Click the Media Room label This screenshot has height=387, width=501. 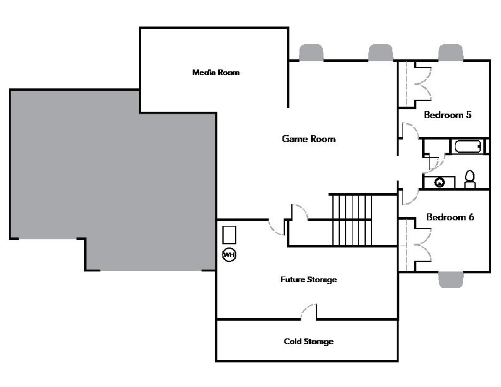pos(216,73)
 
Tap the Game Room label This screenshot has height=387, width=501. pos(308,139)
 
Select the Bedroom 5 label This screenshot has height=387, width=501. pos(447,116)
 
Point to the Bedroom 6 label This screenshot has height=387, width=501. pos(450,217)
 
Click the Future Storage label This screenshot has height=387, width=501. pos(308,280)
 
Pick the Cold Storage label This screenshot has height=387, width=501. pos(308,342)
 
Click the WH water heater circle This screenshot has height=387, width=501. pos(229,254)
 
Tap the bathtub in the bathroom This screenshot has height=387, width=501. pos(468,147)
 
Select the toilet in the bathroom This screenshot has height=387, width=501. pos(469,179)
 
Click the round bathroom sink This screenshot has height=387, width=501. pos(440,182)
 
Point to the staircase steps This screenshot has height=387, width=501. pos(352,220)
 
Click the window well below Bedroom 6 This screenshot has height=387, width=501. pos(451,280)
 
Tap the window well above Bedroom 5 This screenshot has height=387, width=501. pos(450,52)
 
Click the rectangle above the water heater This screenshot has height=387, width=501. pos(229,234)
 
